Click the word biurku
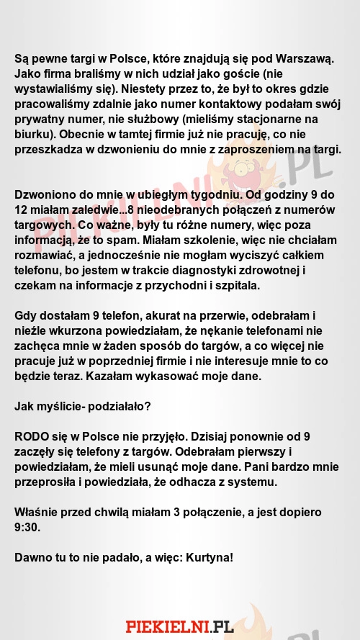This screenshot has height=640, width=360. [34, 135]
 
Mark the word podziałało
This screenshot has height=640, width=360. [117, 405]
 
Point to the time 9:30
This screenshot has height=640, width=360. [30, 526]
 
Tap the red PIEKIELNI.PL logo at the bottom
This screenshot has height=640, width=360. [179, 626]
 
